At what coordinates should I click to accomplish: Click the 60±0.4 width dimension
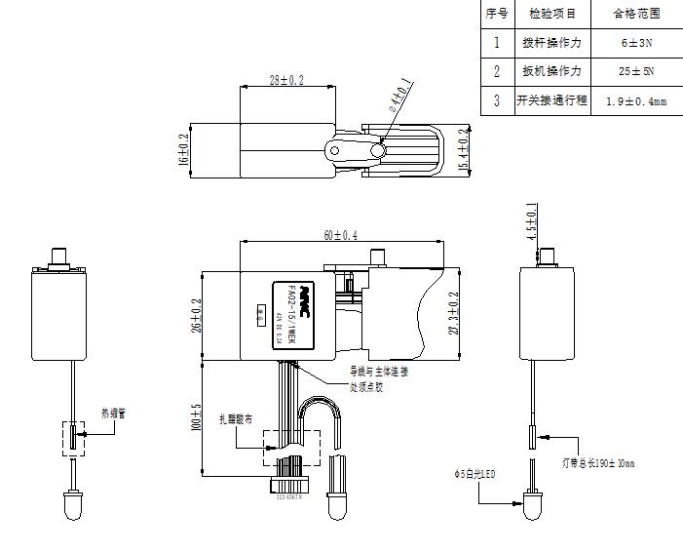pos(340,235)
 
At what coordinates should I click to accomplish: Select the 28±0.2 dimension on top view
pos(286,81)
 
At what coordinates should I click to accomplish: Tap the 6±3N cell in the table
pos(636,43)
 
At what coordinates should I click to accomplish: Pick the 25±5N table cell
pos(636,71)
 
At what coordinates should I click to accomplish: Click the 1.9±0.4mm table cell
pos(636,100)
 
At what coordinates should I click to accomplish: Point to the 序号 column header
pos(497,14)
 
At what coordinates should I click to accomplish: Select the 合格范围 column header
pos(636,14)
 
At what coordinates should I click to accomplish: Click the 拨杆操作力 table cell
pos(551,43)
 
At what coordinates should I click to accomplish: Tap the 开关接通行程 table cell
pos(551,100)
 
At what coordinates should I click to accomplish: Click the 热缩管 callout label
pos(113,414)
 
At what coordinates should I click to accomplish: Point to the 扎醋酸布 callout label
pos(235,419)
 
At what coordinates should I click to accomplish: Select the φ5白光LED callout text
pos(474,475)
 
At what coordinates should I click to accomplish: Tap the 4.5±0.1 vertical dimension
pos(531,223)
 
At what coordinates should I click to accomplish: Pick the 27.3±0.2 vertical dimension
pos(452,313)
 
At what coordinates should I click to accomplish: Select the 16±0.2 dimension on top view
pos(183,150)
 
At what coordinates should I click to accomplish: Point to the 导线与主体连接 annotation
pos(380,372)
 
